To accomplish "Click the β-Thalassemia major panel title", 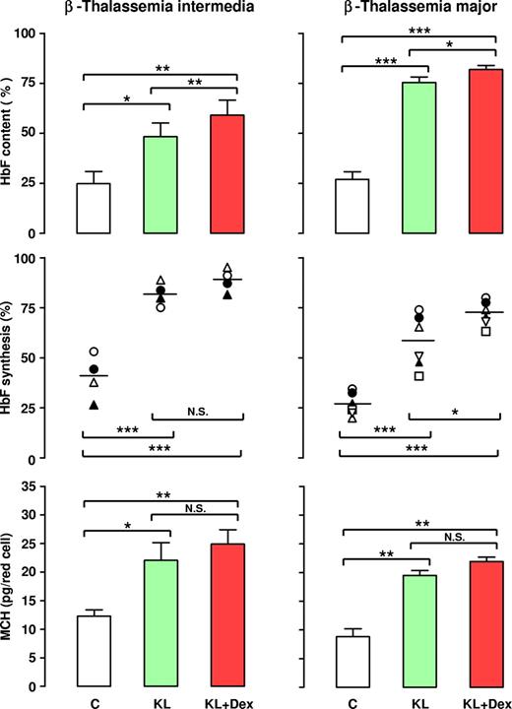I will point(414,12).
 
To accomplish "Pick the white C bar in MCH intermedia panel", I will point(95,651).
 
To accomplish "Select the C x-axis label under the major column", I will point(352,700).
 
